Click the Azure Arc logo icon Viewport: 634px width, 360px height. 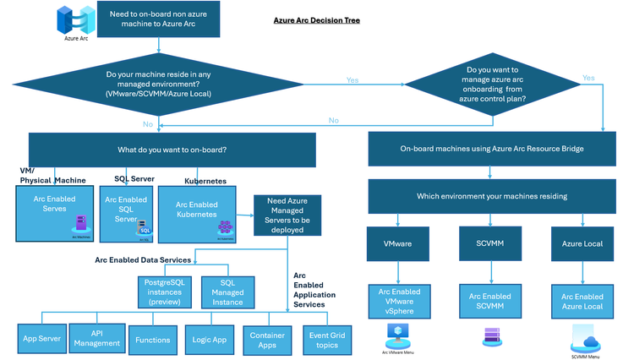(x=72, y=19)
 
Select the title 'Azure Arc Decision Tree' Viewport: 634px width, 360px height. (x=317, y=19)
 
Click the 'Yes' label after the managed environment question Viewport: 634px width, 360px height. (x=352, y=80)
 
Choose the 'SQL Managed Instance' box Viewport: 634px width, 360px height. (x=227, y=292)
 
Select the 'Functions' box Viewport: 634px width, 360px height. (x=151, y=340)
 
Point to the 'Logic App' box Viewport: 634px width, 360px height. (x=209, y=339)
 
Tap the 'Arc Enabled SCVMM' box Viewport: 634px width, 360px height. (x=490, y=302)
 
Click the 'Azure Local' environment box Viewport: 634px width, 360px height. (x=582, y=243)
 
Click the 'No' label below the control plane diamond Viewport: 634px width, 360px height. (x=333, y=120)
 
